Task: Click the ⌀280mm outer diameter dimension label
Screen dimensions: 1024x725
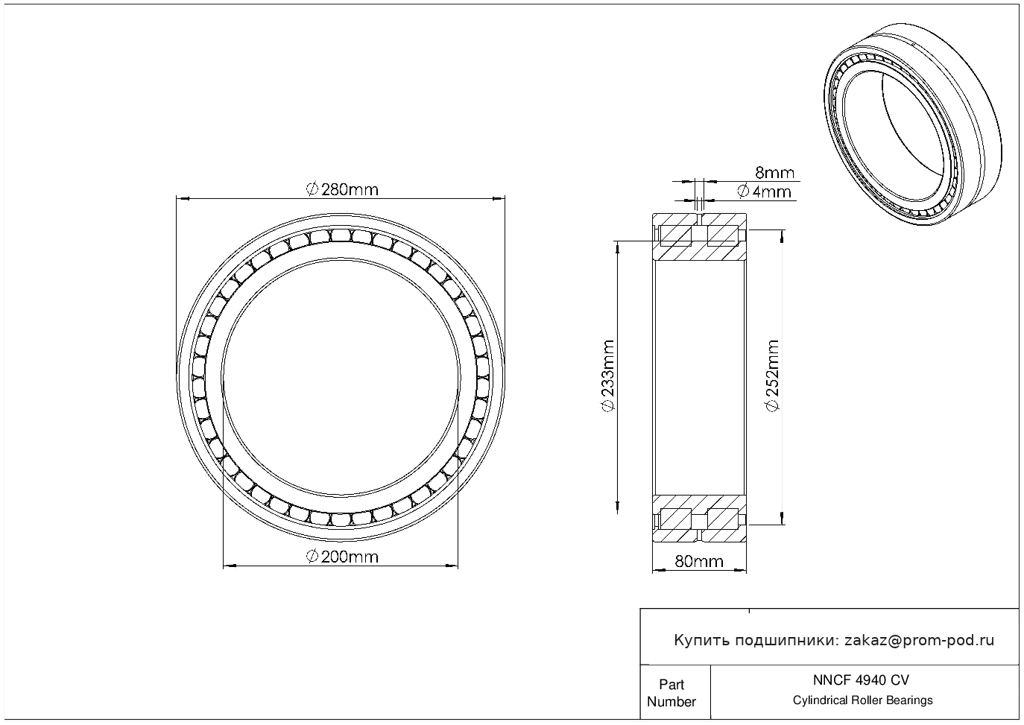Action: pos(342,189)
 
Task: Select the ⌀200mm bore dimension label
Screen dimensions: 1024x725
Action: pos(342,557)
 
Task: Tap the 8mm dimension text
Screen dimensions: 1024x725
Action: pos(774,172)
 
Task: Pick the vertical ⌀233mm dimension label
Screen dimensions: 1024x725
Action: pos(608,376)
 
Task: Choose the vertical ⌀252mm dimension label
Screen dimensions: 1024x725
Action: pos(772,376)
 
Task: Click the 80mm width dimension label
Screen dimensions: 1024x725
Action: pos(699,561)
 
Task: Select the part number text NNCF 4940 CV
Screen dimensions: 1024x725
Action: pos(861,680)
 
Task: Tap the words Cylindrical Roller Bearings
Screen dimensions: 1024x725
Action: pos(862,700)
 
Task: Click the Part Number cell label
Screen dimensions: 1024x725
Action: pos(671,693)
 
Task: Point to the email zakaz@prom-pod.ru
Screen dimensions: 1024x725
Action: pos(919,640)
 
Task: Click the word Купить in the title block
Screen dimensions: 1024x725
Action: pos(702,641)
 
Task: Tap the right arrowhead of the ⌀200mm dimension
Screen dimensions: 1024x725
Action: pos(452,566)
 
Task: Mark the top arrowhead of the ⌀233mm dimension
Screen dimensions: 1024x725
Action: pos(618,247)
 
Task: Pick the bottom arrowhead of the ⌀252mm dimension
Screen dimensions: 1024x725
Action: pos(783,518)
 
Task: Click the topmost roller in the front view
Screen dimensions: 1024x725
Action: pos(341,235)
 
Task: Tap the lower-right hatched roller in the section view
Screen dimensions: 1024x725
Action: pos(722,519)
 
